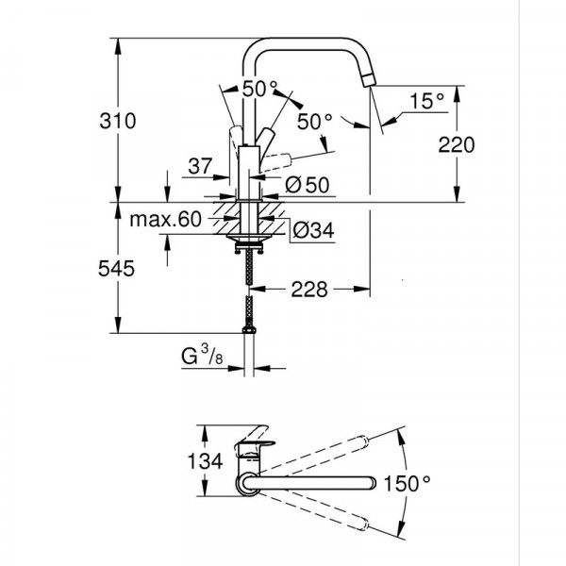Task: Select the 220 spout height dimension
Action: pyautogui.click(x=455, y=144)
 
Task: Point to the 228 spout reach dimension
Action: pyautogui.click(x=308, y=290)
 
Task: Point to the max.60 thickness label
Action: pyautogui.click(x=166, y=221)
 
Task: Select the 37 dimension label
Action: pyautogui.click(x=198, y=167)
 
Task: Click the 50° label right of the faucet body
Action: pyautogui.click(x=315, y=122)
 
